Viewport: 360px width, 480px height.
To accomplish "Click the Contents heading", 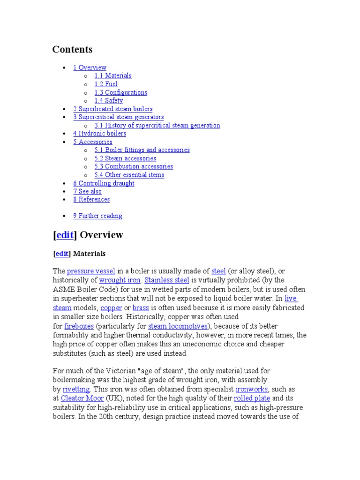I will click(72, 50).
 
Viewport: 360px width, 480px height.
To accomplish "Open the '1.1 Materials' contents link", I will click(112, 75).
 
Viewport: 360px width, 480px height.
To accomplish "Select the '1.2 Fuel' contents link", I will click(105, 84).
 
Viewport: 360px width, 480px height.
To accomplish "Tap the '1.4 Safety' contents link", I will click(108, 100).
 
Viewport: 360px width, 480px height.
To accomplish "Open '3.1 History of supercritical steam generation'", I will click(157, 125).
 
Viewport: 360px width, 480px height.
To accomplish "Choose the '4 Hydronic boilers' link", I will click(99, 133).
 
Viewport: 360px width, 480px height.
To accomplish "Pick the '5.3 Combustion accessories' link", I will click(134, 166).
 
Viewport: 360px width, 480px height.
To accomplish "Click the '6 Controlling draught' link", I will click(104, 183).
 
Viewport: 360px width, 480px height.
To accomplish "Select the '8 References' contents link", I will click(91, 199).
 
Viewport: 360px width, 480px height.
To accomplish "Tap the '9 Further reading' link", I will click(97, 216).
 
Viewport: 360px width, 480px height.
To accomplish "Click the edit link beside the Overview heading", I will click(65, 235).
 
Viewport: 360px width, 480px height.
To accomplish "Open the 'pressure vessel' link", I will click(91, 271).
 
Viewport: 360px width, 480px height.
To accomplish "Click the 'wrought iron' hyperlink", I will click(120, 280).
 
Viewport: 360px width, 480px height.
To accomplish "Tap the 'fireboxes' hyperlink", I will click(79, 326).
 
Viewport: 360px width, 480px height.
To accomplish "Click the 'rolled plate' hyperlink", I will click(252, 398).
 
